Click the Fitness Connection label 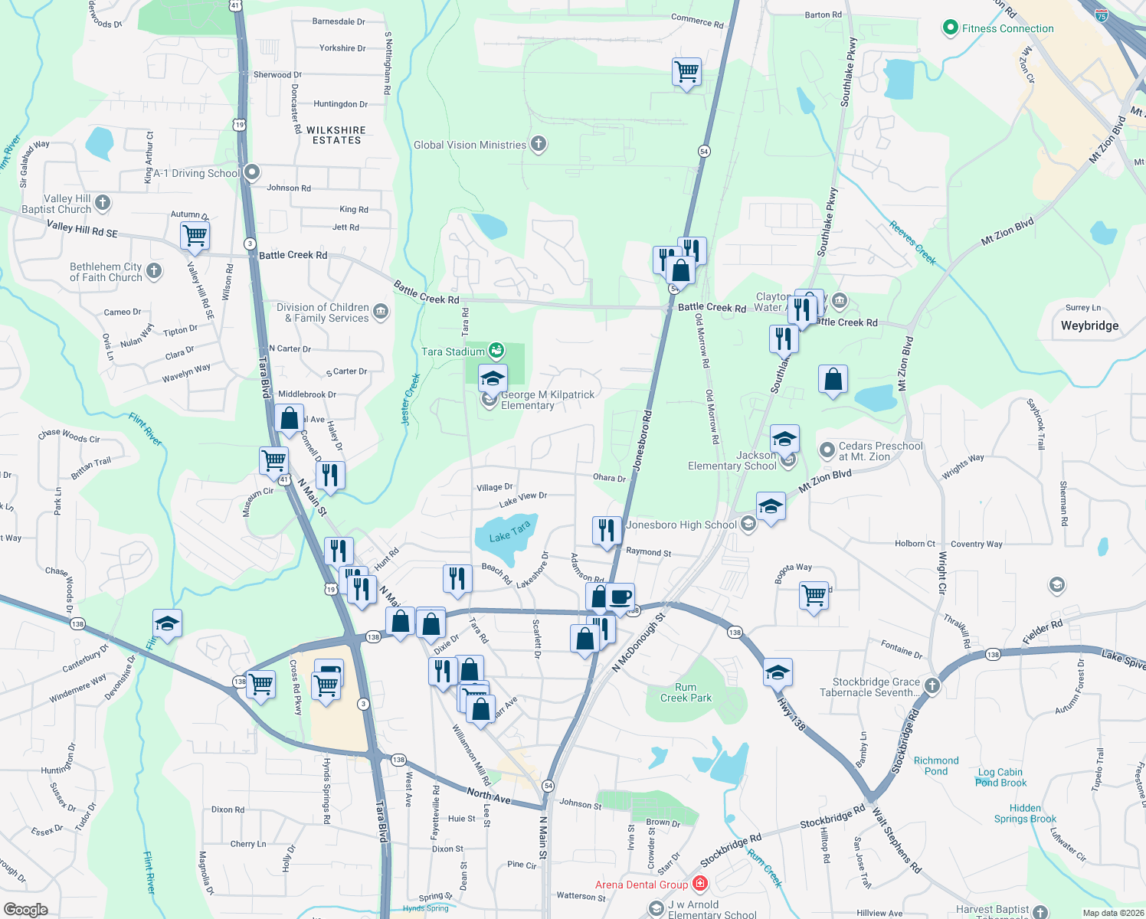(x=1007, y=29)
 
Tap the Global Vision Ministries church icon (x=539, y=144)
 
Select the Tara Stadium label (x=453, y=352)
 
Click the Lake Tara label (x=509, y=532)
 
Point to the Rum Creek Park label (x=686, y=693)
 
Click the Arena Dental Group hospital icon (x=699, y=885)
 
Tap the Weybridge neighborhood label (x=1089, y=325)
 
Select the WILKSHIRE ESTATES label (x=336, y=136)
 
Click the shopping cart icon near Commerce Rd (x=686, y=72)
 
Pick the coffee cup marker (x=620, y=597)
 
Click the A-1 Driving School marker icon (x=251, y=173)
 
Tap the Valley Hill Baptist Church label (x=57, y=204)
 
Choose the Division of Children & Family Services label (x=323, y=312)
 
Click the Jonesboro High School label (x=681, y=525)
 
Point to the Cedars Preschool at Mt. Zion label (x=880, y=451)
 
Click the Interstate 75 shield (x=1101, y=15)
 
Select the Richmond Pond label (x=936, y=766)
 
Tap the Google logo (x=26, y=909)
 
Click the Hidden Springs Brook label (x=1025, y=813)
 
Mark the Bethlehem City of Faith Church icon (x=154, y=270)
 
